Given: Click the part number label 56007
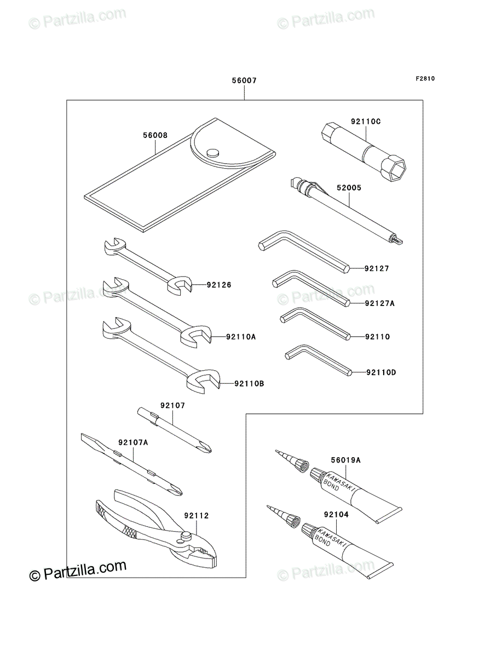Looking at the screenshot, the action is pos(244,80).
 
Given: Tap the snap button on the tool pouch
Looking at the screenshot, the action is pos(213,153).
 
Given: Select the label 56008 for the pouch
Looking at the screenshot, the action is pos(155,135).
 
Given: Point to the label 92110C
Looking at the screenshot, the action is pos(366,122).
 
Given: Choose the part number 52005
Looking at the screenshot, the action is pos(349,188).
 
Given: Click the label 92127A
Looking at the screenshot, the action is pos(379,303).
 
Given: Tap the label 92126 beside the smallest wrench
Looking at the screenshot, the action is pos(219,285).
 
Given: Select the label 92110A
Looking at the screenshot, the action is pos(241,337).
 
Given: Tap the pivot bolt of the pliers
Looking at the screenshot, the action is pos(187,534).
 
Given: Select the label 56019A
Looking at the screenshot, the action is pos(345,460).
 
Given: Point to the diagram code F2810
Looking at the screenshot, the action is pos(425,79).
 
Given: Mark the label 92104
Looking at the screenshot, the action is pos(336,515).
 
